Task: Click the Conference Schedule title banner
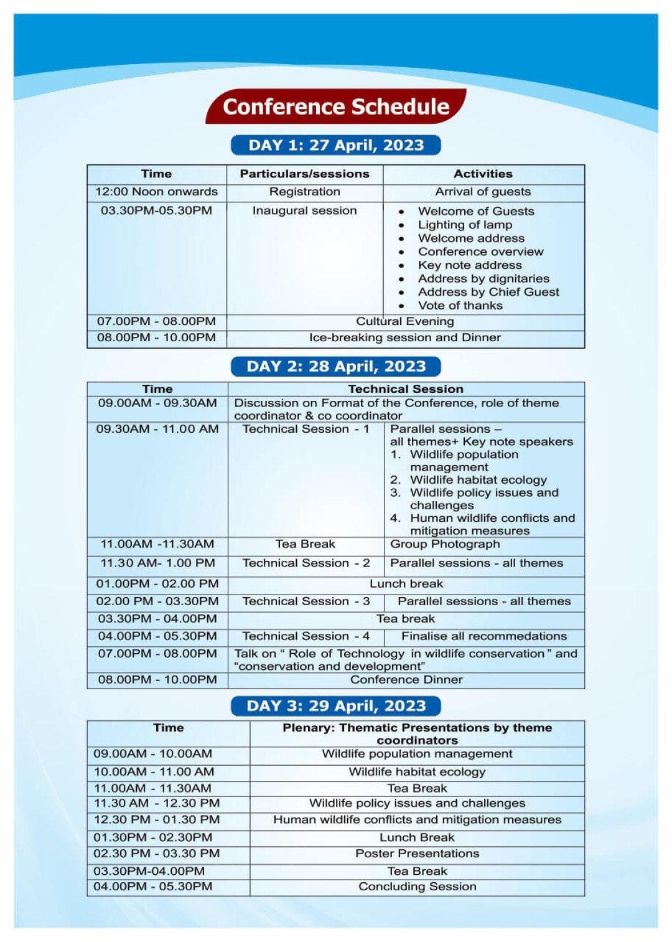click(336, 106)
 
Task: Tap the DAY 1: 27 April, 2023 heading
click(336, 145)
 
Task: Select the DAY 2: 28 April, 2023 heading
click(336, 366)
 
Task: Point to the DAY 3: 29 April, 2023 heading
click(336, 705)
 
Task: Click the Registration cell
click(305, 192)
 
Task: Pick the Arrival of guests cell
click(483, 192)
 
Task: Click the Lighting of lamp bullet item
click(465, 225)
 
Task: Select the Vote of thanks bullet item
click(460, 306)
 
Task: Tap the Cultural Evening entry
click(405, 321)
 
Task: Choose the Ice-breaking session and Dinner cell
click(405, 337)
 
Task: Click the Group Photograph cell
click(445, 544)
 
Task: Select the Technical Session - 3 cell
click(306, 601)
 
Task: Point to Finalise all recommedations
click(484, 636)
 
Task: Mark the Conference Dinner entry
click(406, 680)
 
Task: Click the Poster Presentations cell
click(417, 854)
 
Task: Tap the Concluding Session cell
click(417, 887)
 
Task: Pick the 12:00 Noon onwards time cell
click(156, 192)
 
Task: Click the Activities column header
click(483, 174)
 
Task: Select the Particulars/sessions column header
click(305, 174)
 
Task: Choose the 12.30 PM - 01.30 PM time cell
click(157, 820)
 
